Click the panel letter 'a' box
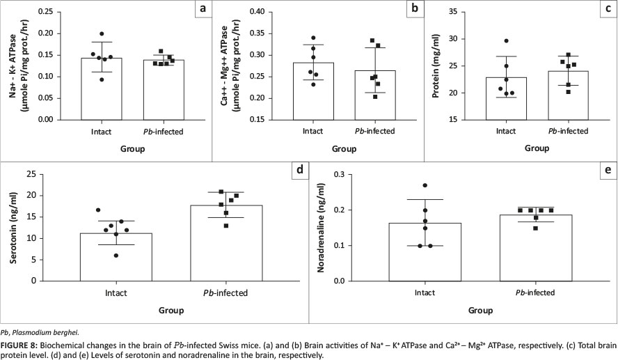click(203, 9)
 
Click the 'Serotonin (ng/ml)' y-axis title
click(14, 227)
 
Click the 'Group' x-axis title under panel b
click(342, 148)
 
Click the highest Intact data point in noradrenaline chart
click(425, 185)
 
